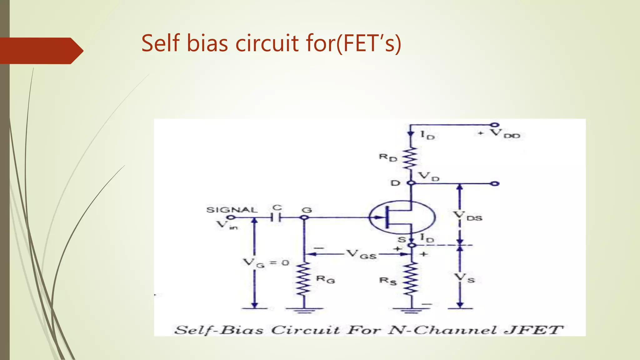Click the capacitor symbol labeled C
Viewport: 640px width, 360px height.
click(276, 217)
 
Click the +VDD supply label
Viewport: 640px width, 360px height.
click(500, 134)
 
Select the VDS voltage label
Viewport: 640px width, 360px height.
click(467, 216)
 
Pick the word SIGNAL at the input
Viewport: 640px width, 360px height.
click(232, 210)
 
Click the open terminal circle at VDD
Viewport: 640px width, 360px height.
click(494, 125)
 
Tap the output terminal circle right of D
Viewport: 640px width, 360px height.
click(495, 184)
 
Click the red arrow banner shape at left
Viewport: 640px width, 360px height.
click(41, 51)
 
